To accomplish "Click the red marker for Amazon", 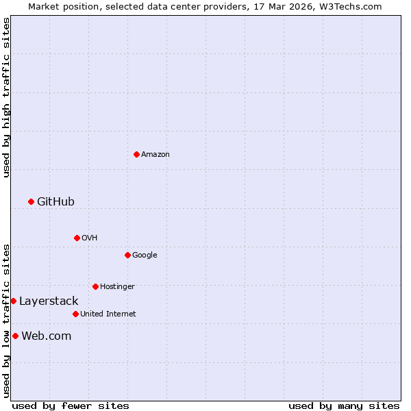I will click(136, 154).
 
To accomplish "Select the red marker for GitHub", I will click(31, 201).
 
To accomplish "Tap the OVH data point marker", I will click(77, 238).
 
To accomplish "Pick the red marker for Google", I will click(127, 255).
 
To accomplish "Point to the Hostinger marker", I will click(95, 286).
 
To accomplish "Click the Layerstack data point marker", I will click(13, 301).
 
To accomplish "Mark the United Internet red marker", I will click(75, 314).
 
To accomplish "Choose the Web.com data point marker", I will click(15, 336).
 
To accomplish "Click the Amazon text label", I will click(155, 154).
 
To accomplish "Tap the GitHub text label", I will click(55, 201).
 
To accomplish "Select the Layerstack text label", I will click(49, 301).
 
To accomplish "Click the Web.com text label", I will click(47, 336).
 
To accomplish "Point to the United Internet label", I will click(108, 314).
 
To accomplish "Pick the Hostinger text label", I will click(117, 286).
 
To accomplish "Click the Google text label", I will click(145, 255).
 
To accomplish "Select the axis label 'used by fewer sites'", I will click(71, 406).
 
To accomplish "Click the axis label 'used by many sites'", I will click(344, 406).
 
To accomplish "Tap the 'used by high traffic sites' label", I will click(6, 97).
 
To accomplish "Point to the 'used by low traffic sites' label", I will click(6, 321).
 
